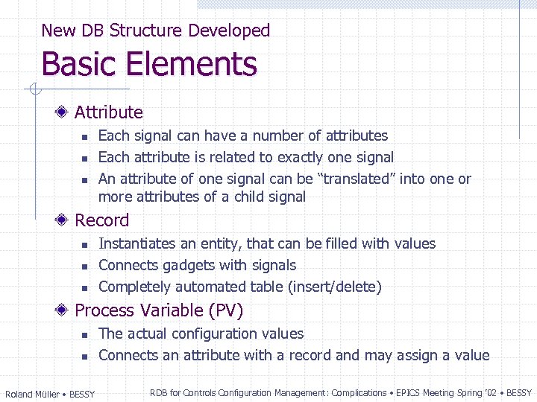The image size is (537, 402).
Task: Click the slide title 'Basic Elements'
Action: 149,65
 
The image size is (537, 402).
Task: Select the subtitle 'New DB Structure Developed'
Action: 155,31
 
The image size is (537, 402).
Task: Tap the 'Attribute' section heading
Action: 109,112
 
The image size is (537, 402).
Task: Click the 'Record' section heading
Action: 102,220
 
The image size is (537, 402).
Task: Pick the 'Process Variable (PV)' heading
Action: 159,310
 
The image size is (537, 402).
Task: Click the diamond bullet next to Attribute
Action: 63,112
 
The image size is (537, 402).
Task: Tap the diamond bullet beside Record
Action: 63,220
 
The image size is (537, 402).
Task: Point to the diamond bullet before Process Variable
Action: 63,310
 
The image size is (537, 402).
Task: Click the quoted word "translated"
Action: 357,179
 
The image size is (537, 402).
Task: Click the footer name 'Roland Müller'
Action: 33,394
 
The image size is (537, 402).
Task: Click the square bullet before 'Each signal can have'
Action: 84,137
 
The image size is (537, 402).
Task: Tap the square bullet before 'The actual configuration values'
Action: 84,335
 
